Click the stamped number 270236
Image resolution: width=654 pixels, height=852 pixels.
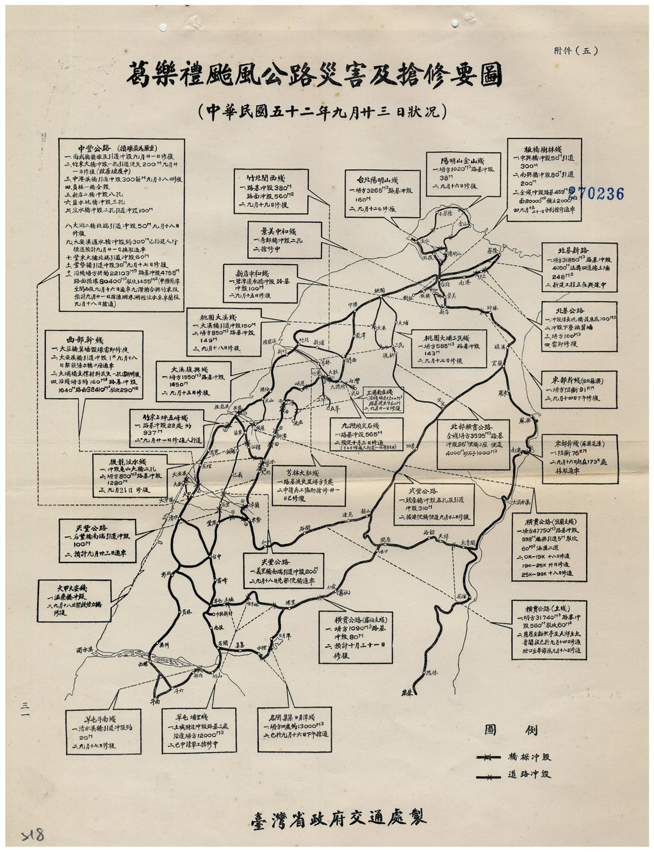[596, 193]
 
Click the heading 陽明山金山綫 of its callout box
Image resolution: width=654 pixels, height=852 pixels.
[463, 161]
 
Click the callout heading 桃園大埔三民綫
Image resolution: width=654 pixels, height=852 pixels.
[446, 338]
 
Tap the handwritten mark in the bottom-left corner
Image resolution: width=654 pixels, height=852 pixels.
[32, 835]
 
